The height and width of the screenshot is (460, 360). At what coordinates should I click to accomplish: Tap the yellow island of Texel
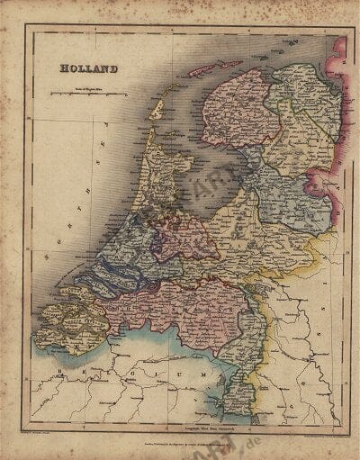point(158,109)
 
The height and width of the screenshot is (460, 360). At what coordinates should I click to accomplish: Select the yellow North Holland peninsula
point(162,171)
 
